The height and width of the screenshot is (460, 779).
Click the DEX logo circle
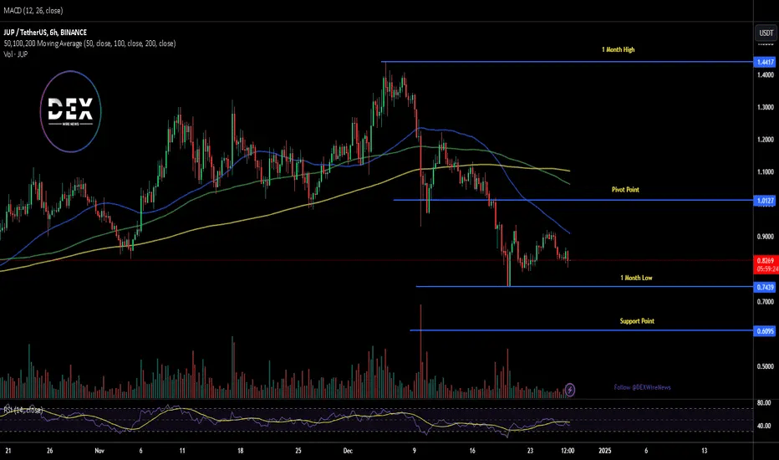click(71, 112)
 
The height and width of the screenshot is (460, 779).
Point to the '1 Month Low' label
click(636, 277)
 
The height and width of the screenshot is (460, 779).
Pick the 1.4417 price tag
click(764, 63)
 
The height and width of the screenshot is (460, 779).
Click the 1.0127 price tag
click(764, 201)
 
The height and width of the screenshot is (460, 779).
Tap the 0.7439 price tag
click(764, 287)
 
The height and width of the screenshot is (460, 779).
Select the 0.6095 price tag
click(764, 330)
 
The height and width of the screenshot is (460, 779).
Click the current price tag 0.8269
click(764, 260)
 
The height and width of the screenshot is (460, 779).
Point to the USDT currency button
click(764, 33)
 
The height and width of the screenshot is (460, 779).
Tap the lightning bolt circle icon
click(570, 389)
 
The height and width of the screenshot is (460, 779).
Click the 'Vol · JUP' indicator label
click(18, 53)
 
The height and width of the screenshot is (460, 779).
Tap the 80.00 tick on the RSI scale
click(763, 402)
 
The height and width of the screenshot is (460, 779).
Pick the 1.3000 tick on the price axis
click(763, 107)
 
